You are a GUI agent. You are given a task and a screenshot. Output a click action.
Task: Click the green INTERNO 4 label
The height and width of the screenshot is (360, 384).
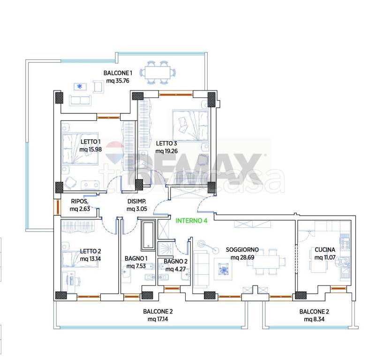(x=191, y=221)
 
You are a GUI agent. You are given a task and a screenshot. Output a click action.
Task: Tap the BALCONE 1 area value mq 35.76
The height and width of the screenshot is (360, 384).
(x=118, y=81)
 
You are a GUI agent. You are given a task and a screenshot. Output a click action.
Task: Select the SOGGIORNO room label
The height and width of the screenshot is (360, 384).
(x=242, y=249)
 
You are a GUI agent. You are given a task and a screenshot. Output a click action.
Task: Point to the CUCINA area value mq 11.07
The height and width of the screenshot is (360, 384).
(x=325, y=257)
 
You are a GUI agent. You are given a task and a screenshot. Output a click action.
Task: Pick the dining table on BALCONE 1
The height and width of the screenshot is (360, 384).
(x=158, y=73)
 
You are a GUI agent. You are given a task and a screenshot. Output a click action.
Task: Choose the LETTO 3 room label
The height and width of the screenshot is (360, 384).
(x=166, y=143)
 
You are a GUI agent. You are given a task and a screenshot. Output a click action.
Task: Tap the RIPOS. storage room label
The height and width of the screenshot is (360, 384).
(x=79, y=201)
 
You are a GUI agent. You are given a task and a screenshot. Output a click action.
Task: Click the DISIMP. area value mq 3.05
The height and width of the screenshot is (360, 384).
(x=136, y=209)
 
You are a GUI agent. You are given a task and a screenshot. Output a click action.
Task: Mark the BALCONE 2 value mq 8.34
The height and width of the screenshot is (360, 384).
(x=314, y=319)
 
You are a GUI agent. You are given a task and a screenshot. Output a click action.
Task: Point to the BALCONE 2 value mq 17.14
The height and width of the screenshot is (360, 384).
(x=158, y=319)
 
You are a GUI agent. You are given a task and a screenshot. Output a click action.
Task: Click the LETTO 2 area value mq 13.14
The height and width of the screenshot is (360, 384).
(x=90, y=259)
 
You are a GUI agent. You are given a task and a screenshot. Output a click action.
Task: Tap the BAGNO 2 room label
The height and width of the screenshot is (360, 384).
(x=176, y=261)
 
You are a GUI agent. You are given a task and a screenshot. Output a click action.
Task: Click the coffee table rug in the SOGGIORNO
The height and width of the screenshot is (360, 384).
(x=223, y=269)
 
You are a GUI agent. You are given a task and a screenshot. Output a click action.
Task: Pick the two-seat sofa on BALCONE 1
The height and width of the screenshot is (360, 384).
(x=80, y=100)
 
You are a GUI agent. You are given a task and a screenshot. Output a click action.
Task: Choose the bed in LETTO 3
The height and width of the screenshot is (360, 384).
(x=190, y=125)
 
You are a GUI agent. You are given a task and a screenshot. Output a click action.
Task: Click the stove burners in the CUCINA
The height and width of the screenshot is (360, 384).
(x=345, y=242)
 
